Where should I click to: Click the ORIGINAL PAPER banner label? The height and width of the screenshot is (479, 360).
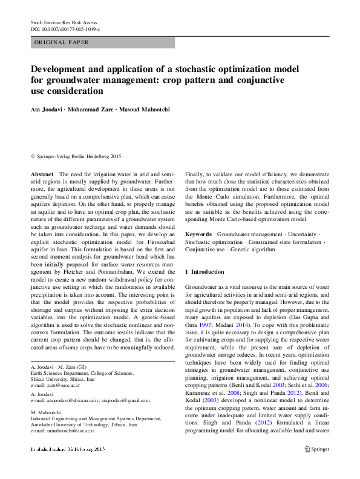point(62,42)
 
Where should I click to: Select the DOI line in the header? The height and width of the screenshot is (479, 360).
point(65,29)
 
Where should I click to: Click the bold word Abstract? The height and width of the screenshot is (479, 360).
point(41,174)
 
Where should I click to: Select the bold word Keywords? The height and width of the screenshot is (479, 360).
point(198,234)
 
